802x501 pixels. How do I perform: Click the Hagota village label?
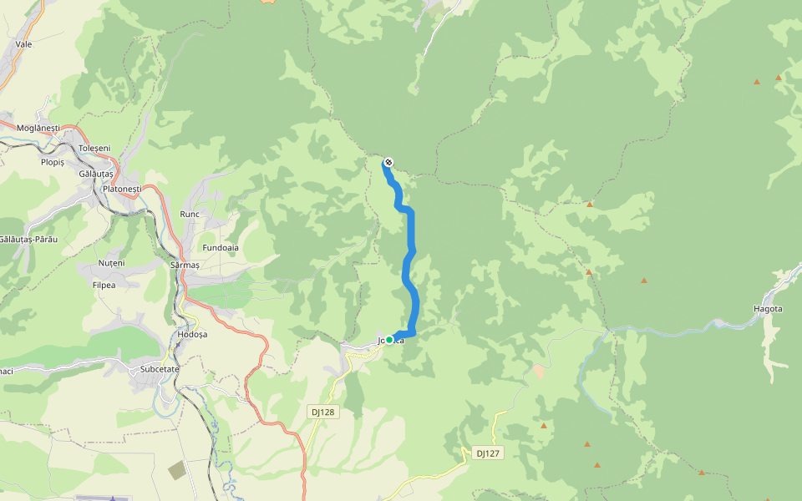(768, 309)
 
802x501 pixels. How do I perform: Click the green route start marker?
(389, 340)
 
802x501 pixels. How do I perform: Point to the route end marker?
(388, 162)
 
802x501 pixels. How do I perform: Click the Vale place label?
(23, 44)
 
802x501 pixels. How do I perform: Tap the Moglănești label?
(38, 127)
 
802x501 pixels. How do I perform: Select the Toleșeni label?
(94, 148)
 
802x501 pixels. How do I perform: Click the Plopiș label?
(53, 162)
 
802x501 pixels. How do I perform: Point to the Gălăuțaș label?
(95, 174)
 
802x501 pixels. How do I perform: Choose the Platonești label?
(122, 190)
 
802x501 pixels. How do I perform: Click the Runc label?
(190, 215)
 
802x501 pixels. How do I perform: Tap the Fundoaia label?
(221, 248)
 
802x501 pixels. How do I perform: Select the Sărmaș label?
(185, 265)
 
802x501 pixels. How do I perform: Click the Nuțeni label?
(112, 263)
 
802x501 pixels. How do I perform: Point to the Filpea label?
(104, 285)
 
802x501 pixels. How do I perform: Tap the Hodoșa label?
(192, 334)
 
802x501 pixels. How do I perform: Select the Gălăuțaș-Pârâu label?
(28, 240)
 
